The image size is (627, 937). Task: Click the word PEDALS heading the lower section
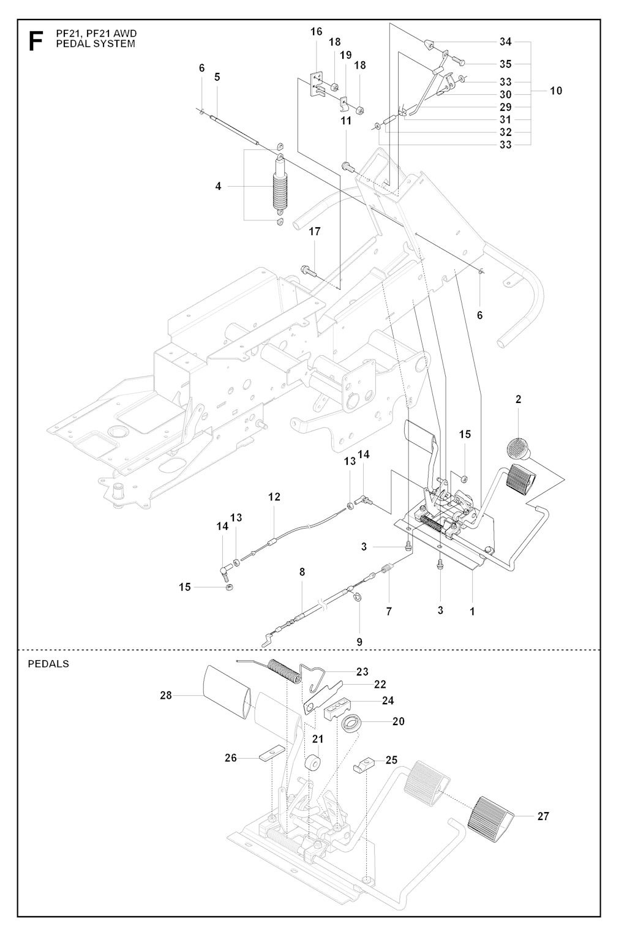(48, 663)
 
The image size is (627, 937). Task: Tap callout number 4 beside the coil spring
(218, 186)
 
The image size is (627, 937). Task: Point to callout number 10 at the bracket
(555, 91)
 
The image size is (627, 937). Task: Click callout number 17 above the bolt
(315, 231)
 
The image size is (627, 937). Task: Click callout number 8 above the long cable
(302, 572)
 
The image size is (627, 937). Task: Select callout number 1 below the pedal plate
(472, 611)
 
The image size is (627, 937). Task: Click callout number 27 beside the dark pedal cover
(543, 816)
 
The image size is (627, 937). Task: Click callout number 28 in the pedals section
(166, 695)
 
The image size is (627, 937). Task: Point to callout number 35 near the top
(505, 64)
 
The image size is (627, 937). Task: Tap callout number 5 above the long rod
(217, 77)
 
